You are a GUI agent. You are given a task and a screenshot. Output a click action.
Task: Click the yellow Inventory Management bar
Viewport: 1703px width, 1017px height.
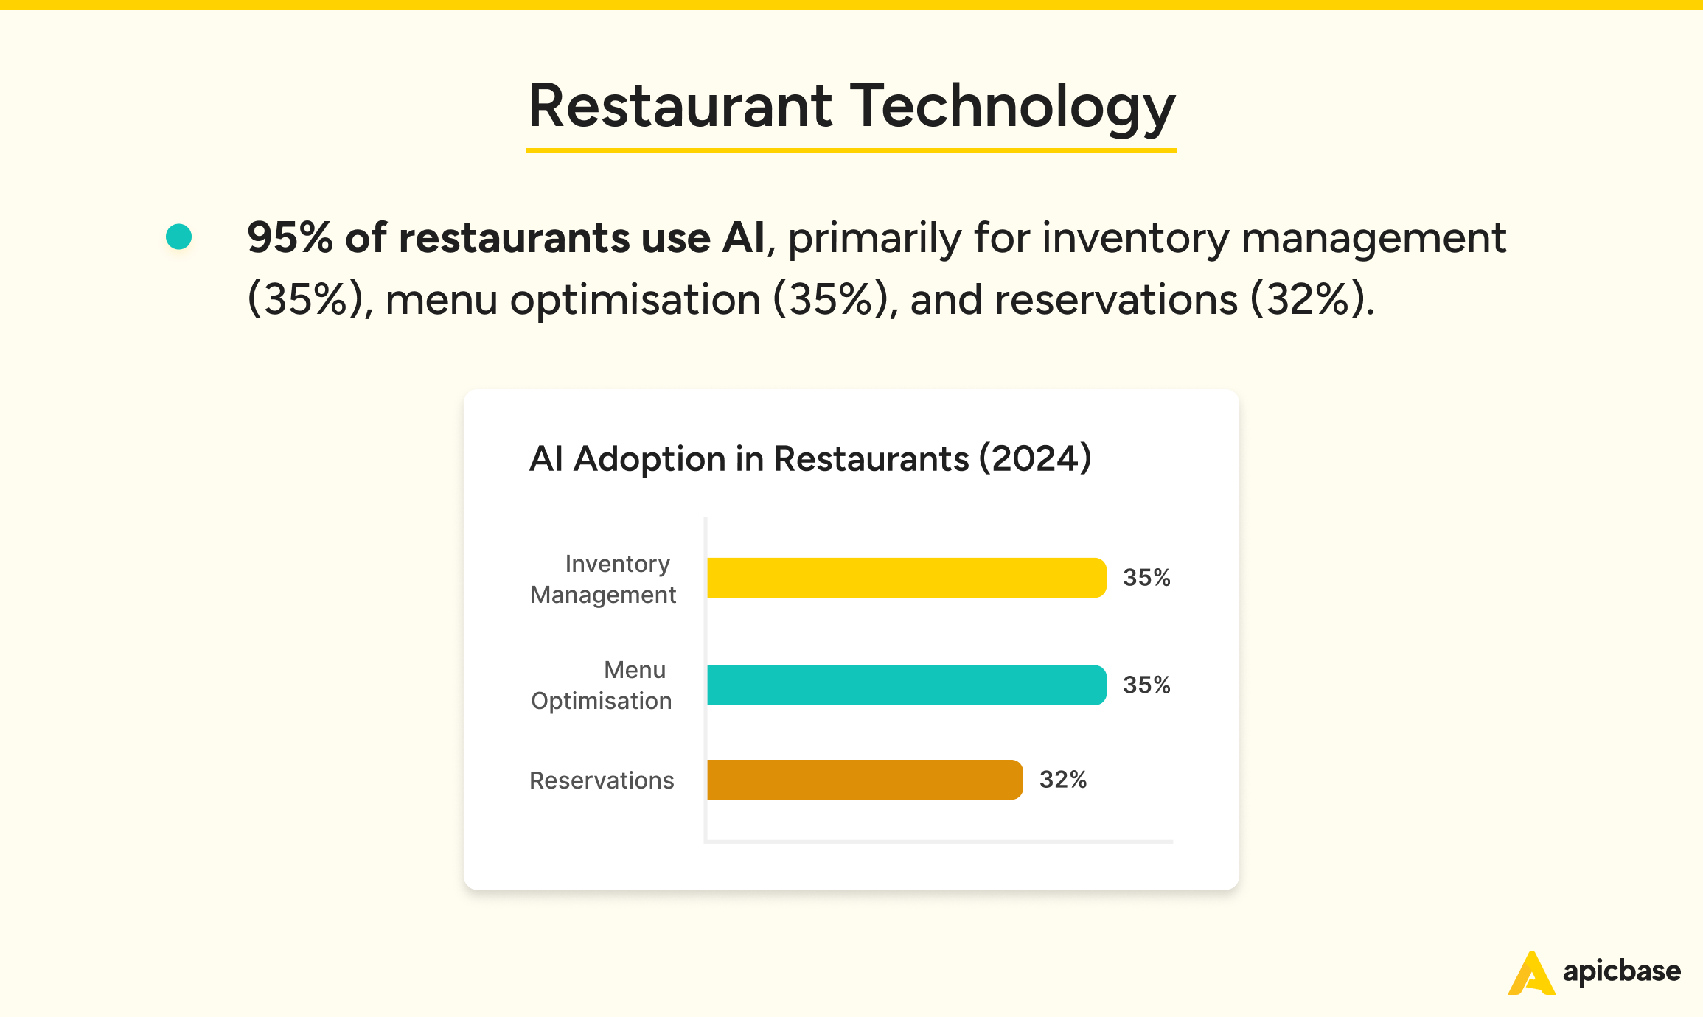(906, 578)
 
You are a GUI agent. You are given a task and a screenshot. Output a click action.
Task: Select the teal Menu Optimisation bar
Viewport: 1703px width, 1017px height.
(906, 685)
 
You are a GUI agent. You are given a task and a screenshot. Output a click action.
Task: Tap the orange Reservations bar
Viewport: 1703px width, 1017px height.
(864, 780)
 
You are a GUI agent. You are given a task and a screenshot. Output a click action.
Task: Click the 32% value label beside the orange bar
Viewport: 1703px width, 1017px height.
(1062, 780)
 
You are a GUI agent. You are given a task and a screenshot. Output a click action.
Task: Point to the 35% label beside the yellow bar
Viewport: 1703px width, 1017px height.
(1146, 578)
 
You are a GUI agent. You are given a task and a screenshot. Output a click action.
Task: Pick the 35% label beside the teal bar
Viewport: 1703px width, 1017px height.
(1146, 685)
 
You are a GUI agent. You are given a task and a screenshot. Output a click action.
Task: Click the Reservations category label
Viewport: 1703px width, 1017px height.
(602, 780)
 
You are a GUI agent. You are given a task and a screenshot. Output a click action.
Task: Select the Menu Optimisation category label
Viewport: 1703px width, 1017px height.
(602, 685)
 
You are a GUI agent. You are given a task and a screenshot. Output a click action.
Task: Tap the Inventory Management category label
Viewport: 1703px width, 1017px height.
(603, 579)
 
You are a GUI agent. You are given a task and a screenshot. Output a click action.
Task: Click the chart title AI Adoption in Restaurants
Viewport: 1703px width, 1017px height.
(748, 459)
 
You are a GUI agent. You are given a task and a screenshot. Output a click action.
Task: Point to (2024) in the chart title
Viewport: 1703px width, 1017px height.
(1035, 459)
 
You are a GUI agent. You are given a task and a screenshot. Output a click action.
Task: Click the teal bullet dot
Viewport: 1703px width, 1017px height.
(179, 237)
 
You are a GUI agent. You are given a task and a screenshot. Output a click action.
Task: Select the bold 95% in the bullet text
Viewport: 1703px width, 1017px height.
(290, 238)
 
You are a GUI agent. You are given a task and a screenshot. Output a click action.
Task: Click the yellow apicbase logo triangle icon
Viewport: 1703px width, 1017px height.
(1531, 974)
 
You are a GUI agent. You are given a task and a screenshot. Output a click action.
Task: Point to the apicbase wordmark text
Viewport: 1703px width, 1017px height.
(1621, 971)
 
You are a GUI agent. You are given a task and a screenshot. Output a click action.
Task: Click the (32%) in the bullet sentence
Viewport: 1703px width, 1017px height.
(1312, 300)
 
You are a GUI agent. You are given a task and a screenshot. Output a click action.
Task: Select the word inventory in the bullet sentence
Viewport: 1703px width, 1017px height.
(1135, 238)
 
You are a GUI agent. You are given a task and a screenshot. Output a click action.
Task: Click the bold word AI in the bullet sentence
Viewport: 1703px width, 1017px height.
(743, 238)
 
